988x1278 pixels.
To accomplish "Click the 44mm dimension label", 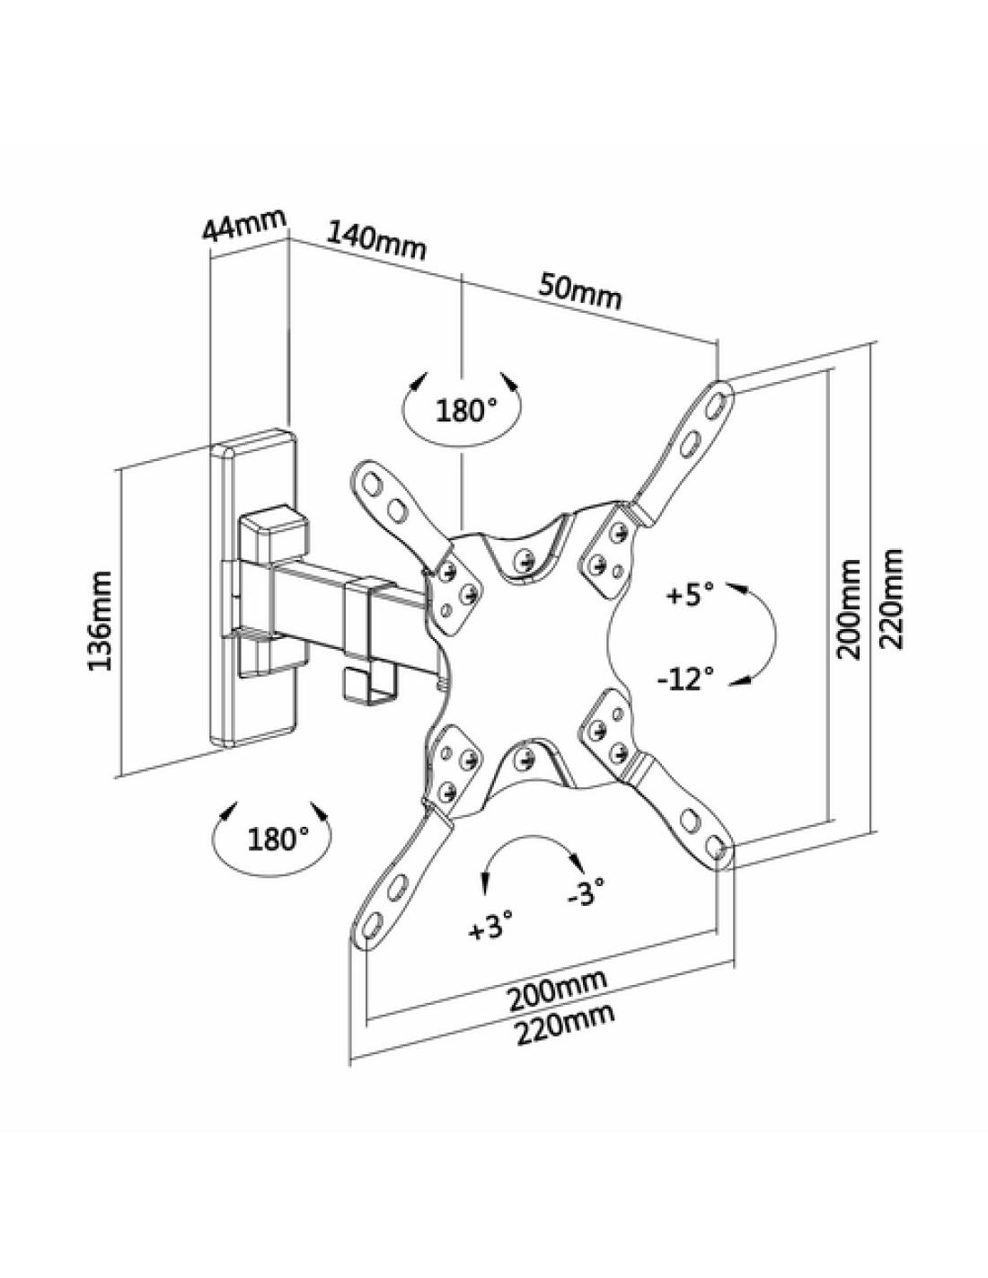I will pos(243,225).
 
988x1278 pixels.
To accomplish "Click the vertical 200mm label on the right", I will pos(848,608).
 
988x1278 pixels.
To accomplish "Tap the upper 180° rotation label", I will pos(466,412).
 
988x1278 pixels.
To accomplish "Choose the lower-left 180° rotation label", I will pos(278,840).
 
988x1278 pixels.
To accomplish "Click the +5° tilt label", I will pos(690,594).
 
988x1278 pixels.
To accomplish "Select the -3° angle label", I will pos(586,893).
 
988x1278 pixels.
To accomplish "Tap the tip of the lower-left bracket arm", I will pos(370,926).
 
